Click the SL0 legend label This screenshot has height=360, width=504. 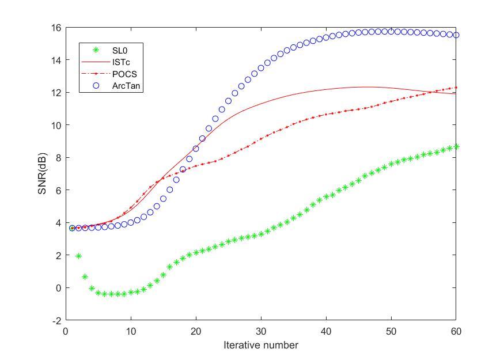coord(120,51)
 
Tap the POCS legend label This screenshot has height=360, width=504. coord(123,74)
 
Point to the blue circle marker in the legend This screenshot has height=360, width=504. coord(96,85)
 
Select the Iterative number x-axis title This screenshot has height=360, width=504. coord(261,345)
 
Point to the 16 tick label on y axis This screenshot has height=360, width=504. coord(56,27)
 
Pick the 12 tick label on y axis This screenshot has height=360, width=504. coord(56,92)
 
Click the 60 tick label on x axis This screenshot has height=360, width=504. coord(456,331)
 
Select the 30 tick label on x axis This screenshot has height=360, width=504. coord(261,331)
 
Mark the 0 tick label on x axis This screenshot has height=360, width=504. coord(66,331)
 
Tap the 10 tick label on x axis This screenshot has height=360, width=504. coord(131,331)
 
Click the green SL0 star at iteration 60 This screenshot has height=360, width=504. coord(456,146)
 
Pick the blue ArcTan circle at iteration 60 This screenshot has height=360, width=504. coord(456,35)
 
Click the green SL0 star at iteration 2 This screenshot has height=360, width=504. coord(78,256)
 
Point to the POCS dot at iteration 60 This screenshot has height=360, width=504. coord(456,88)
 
